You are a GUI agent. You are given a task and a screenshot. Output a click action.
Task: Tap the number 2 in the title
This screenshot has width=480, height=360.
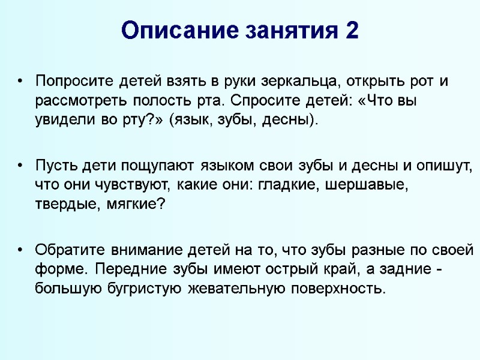point(352,30)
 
